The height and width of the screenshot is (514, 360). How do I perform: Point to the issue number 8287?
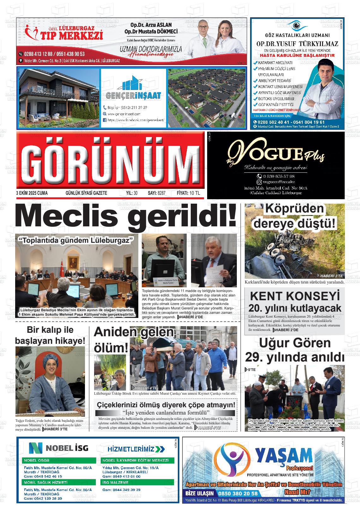point(161,193)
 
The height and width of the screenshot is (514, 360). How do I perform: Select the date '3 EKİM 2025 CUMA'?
point(32,193)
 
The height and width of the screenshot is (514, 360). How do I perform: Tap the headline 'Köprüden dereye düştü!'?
point(294,217)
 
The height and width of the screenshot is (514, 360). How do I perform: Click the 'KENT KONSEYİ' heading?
point(294,296)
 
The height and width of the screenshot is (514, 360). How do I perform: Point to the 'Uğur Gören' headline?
point(294,343)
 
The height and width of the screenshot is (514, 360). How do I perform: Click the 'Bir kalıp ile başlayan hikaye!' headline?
point(50,335)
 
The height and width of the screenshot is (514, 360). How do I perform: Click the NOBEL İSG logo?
point(59,448)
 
